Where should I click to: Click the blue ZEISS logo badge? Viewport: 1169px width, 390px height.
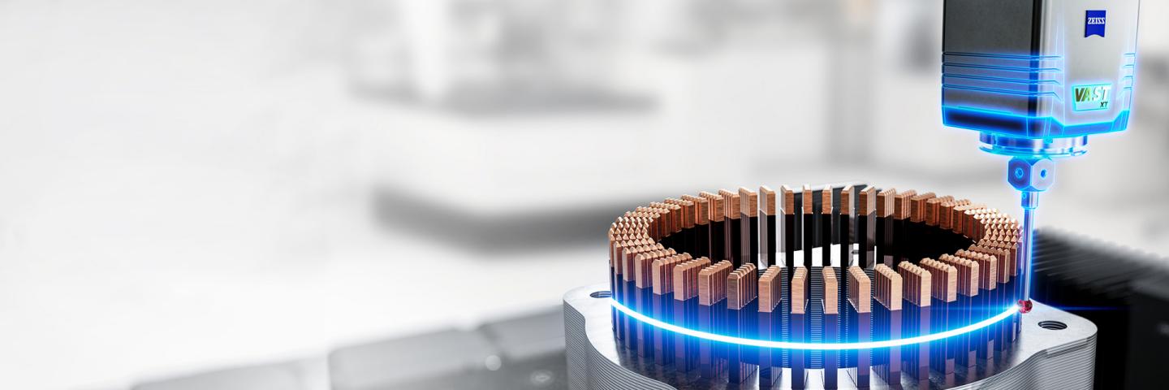coord(1095,23)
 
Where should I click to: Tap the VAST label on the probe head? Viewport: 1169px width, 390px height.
coord(1091,95)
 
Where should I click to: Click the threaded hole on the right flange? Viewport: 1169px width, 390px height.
coord(1046,325)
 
